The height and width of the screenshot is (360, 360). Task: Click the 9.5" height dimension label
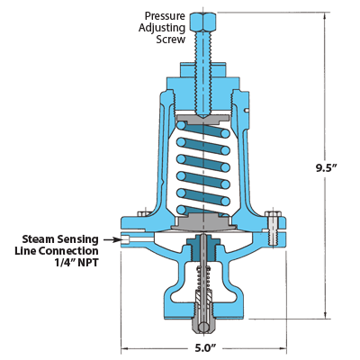(x=327, y=168)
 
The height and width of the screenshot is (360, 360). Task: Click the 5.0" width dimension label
(x=205, y=348)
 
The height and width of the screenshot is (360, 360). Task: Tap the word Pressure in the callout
(x=165, y=16)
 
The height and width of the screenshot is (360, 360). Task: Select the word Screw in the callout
(x=170, y=40)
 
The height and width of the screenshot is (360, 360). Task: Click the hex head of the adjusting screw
(x=203, y=22)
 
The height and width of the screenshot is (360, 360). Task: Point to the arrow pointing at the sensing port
(x=112, y=239)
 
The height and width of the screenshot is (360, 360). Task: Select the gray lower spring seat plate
(x=203, y=222)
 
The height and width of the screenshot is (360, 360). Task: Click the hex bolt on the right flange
(x=273, y=227)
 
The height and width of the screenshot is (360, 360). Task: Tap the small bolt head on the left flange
(x=144, y=213)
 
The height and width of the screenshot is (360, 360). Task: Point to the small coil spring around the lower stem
(x=203, y=278)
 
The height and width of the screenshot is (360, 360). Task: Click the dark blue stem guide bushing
(x=203, y=247)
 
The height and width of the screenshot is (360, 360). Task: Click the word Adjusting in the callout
(x=162, y=28)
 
